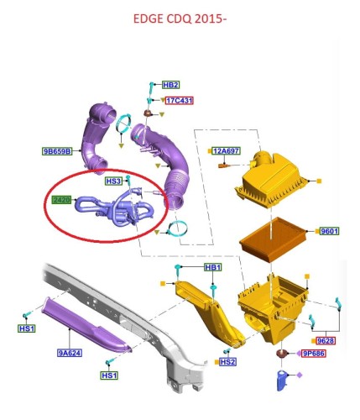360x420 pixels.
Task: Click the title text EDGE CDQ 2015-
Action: click(180, 18)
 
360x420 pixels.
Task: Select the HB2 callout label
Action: click(170, 85)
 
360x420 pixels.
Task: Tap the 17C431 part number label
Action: click(179, 101)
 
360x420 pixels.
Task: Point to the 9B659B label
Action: click(57, 151)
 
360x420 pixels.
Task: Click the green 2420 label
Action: click(62, 200)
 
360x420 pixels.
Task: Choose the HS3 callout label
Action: click(113, 181)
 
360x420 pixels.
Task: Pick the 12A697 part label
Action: click(226, 151)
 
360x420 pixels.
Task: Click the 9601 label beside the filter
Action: click(330, 231)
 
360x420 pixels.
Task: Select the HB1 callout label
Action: click(213, 267)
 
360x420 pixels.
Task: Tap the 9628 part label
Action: click(326, 341)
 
